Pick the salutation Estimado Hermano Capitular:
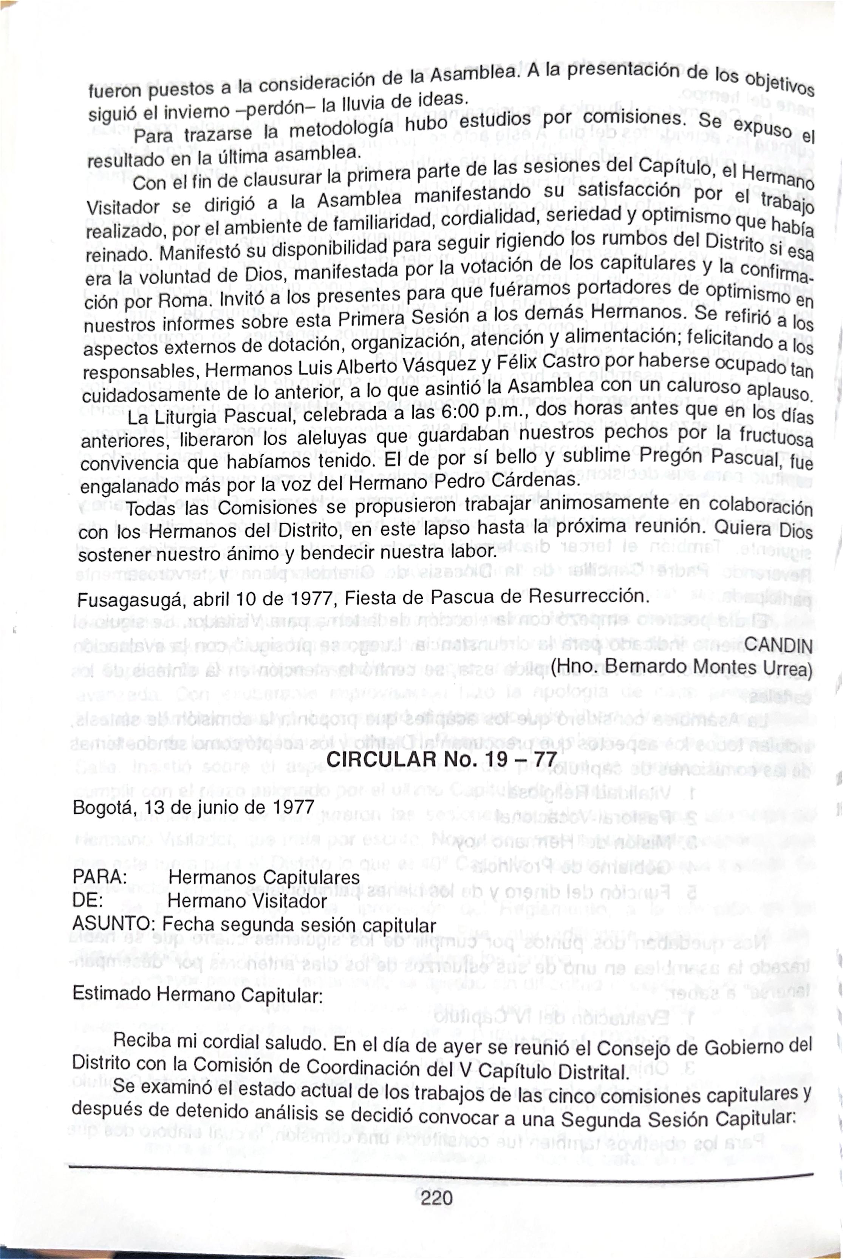(197, 995)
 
